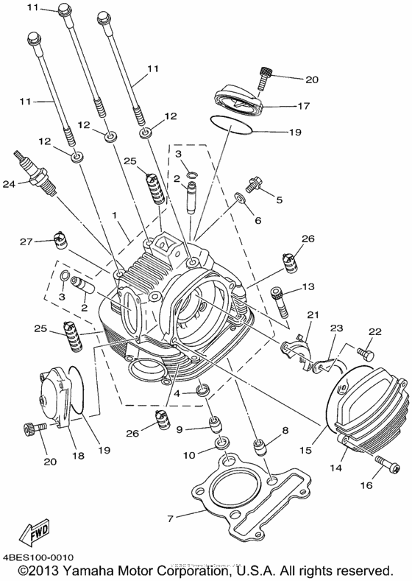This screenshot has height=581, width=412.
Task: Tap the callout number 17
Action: tap(302, 106)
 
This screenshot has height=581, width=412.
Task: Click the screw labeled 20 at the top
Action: tap(265, 76)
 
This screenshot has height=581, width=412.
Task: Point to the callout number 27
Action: tap(26, 242)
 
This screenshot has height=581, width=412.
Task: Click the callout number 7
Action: tap(170, 519)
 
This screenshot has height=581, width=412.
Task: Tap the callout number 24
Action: tap(9, 184)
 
